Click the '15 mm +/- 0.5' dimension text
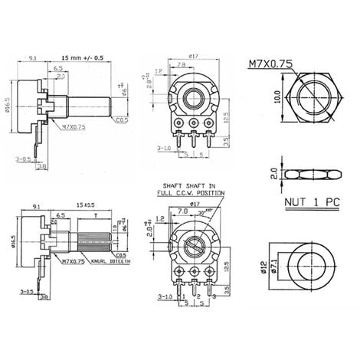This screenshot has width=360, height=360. coord(82,57)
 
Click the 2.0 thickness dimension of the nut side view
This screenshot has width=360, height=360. coord(262,173)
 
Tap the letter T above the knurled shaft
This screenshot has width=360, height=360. coord(93,217)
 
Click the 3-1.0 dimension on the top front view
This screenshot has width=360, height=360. coord(163,147)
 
